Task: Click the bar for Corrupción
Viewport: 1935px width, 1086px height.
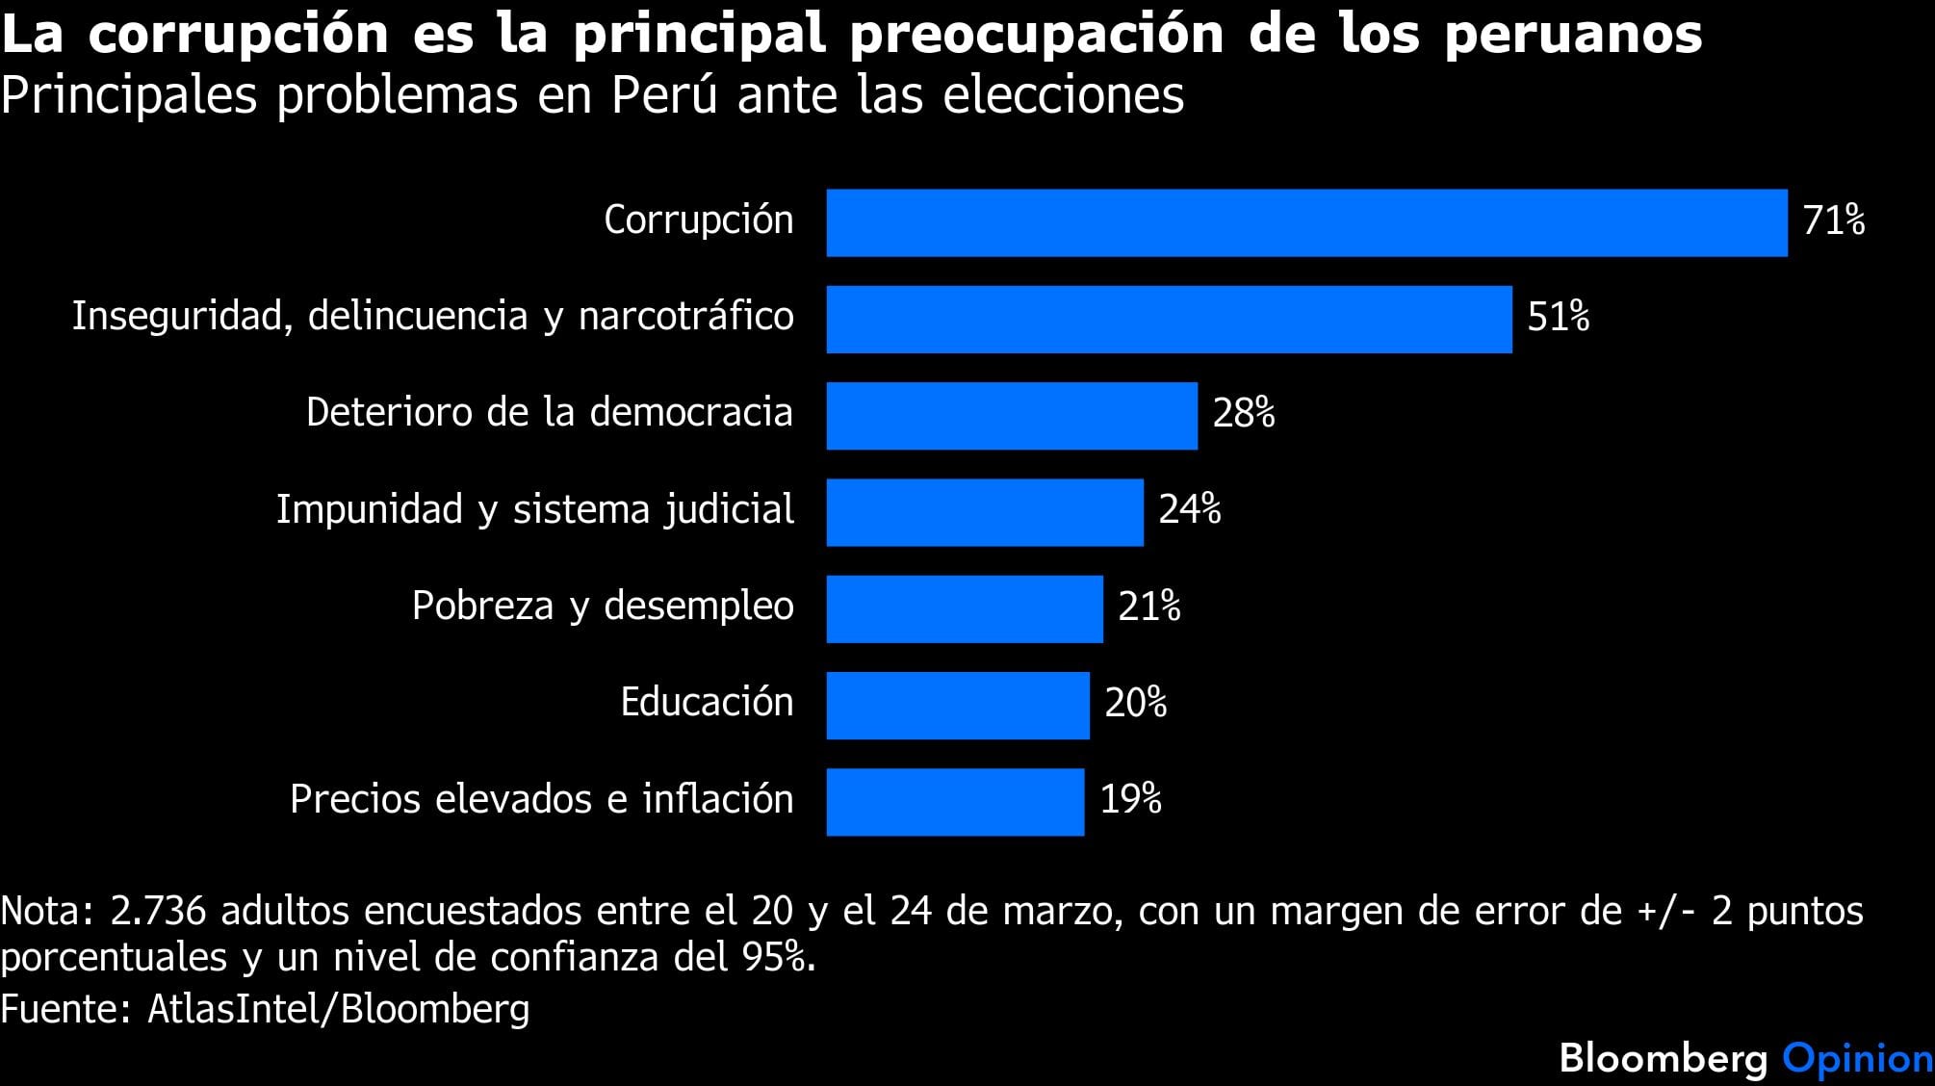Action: (1306, 222)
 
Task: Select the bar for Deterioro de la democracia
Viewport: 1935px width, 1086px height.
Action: (1012, 416)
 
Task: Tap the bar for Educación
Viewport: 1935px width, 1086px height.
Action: (958, 706)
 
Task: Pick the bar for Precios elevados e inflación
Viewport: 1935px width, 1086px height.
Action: (955, 802)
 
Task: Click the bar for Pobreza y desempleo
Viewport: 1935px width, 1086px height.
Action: (965, 608)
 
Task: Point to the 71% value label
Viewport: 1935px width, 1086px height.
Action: (1833, 220)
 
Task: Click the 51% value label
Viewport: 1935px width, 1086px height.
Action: (1558, 317)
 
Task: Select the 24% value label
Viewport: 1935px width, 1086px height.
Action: (1189, 509)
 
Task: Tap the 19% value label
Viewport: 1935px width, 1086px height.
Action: (1130, 799)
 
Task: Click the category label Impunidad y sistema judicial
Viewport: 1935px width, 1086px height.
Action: (535, 509)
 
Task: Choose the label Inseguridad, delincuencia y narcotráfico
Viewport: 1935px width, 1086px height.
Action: (433, 316)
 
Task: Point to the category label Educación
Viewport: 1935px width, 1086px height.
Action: (707, 702)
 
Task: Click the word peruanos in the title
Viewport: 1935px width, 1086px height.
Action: (1572, 35)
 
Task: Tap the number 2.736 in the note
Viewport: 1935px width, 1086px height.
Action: (158, 911)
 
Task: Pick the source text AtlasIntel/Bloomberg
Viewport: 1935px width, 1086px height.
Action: (338, 1008)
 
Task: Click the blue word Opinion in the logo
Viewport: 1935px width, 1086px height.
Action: (1857, 1058)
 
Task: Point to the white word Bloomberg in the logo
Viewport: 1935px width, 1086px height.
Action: (1664, 1058)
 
